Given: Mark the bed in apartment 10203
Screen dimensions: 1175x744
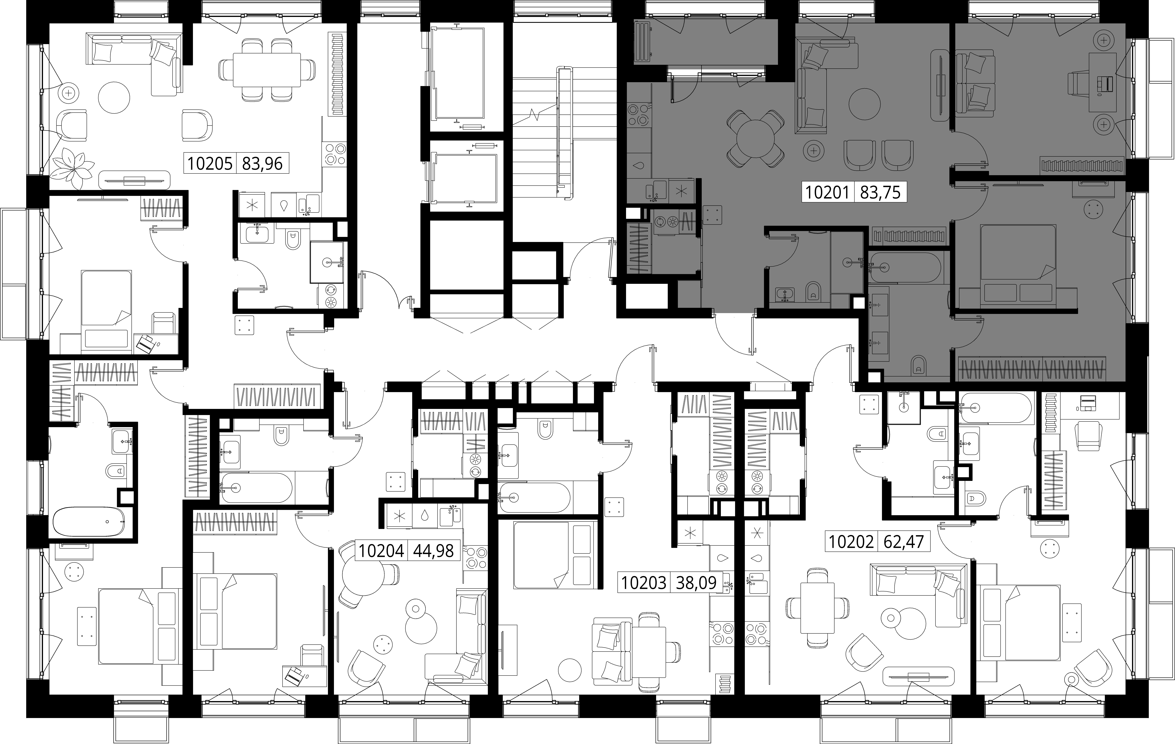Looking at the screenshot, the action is coord(555,555).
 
